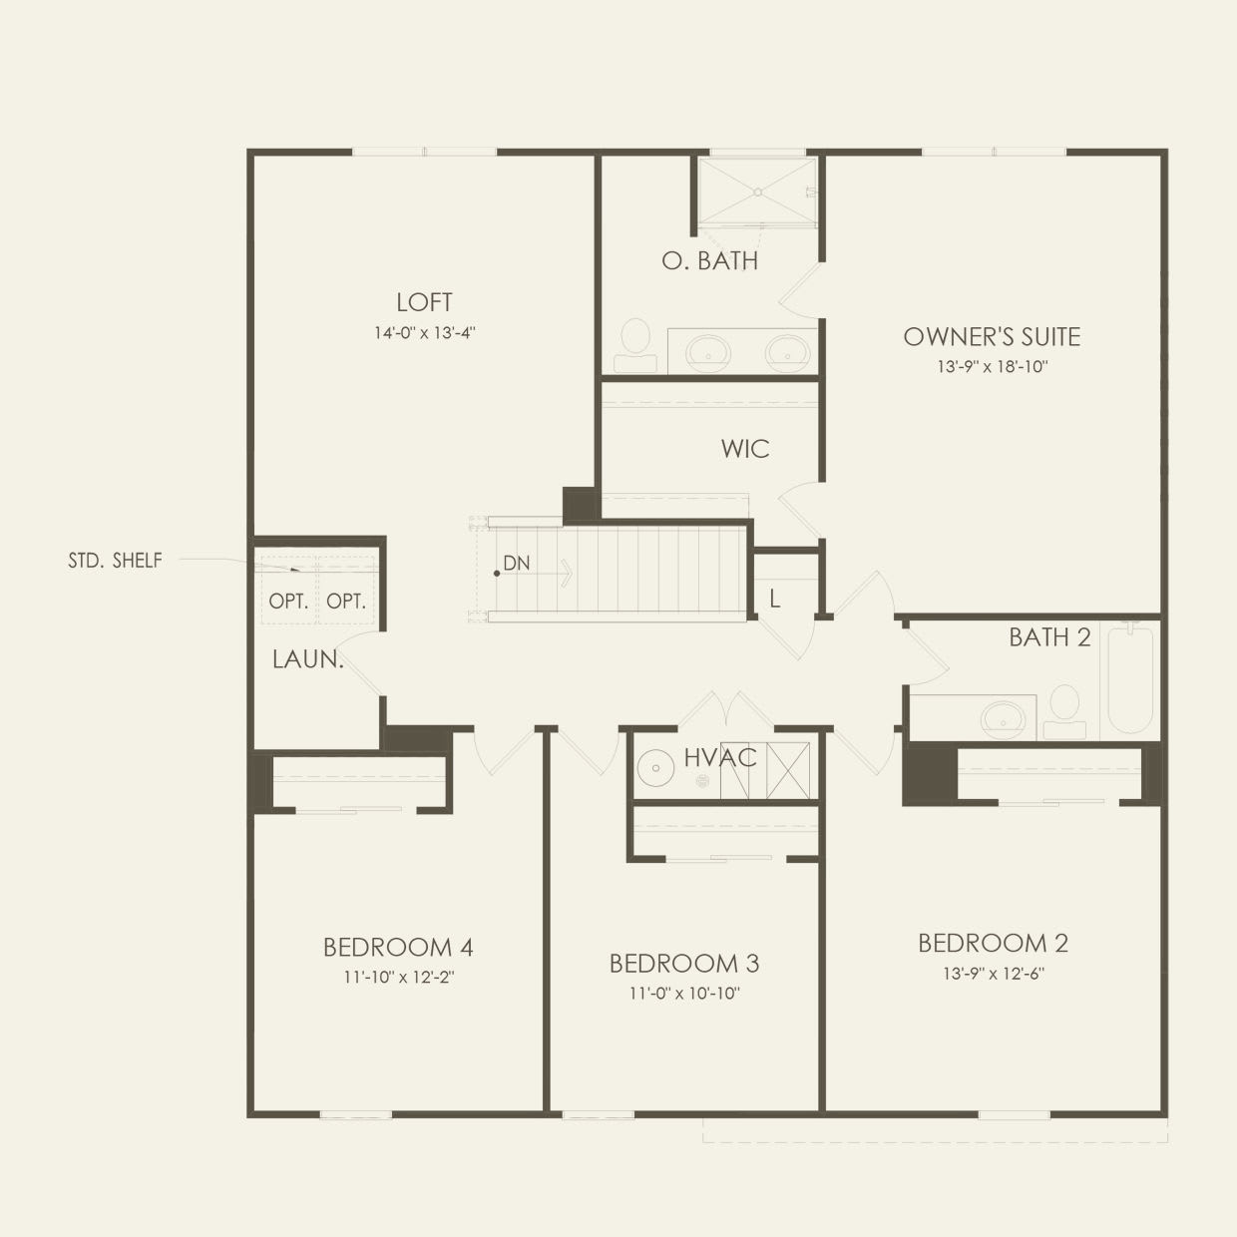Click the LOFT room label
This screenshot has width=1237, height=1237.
pyautogui.click(x=424, y=302)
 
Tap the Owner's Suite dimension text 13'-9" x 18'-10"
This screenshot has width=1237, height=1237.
pyautogui.click(x=992, y=367)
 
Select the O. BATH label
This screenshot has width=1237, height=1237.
pyautogui.click(x=709, y=261)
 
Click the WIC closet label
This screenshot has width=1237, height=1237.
pyautogui.click(x=745, y=449)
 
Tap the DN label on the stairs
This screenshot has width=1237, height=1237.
pyautogui.click(x=516, y=564)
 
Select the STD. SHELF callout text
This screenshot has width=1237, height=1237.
pyautogui.click(x=115, y=561)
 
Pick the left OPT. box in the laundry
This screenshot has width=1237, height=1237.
pyautogui.click(x=288, y=602)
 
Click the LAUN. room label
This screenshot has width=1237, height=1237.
pyautogui.click(x=307, y=659)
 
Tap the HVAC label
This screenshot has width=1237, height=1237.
pyautogui.click(x=720, y=758)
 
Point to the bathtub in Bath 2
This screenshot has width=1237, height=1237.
pyautogui.click(x=1130, y=678)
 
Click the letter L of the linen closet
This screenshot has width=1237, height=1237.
pyautogui.click(x=774, y=600)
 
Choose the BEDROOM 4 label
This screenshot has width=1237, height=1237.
pyautogui.click(x=397, y=947)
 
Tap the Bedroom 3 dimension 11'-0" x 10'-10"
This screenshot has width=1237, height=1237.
pyautogui.click(x=684, y=994)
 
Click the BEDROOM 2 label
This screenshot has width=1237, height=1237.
pyautogui.click(x=993, y=943)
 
